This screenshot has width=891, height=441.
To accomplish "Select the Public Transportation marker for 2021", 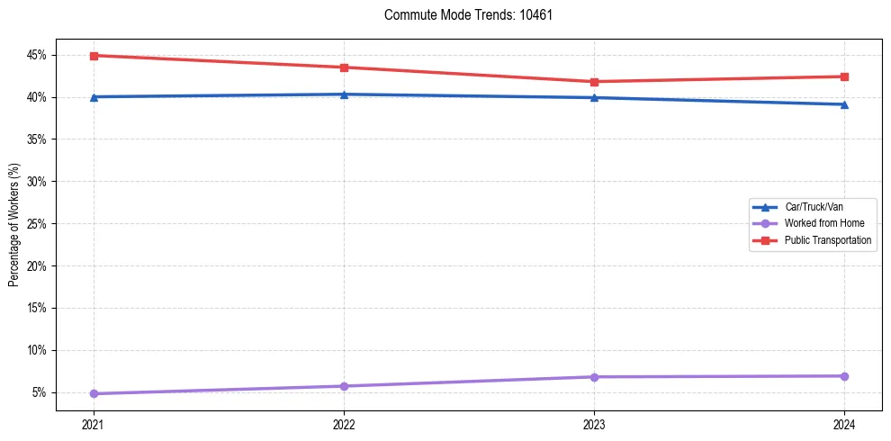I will (94, 56).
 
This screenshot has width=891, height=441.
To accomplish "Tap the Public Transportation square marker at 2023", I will (594, 82).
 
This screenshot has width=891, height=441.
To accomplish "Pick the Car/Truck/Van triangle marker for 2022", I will (344, 94).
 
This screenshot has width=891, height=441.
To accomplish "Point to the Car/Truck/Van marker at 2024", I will (844, 104).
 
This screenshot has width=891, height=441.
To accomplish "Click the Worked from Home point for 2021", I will (94, 393).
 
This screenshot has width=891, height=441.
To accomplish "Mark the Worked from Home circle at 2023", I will (594, 376).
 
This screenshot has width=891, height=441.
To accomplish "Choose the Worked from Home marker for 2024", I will (844, 375).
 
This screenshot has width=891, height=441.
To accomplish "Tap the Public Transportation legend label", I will (827, 240).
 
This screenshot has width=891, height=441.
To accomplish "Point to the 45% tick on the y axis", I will (37, 56).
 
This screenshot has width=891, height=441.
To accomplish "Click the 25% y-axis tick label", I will (37, 224).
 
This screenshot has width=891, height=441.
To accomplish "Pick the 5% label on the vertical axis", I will (40, 392).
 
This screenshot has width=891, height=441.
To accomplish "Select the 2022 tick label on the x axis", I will (344, 423).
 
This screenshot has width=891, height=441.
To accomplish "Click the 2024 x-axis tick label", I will (844, 423).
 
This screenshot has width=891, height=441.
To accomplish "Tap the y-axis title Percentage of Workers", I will (14, 224).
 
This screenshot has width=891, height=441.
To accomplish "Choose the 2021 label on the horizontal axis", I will (94, 423).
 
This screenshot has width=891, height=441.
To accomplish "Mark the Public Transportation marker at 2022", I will (344, 67).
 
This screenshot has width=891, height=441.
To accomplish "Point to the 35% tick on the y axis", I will (37, 139).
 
